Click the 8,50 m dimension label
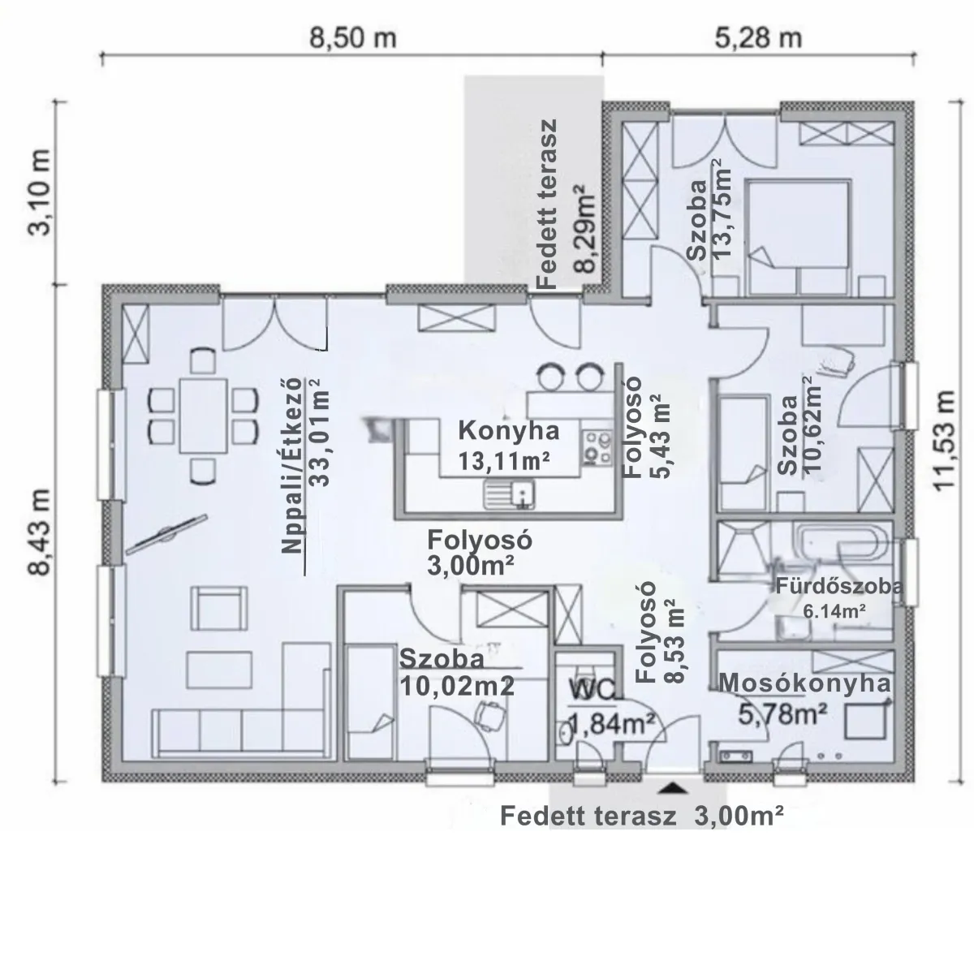tap(352, 38)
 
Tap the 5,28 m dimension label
tap(758, 38)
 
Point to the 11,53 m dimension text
tap(943, 440)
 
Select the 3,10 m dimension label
tap(39, 192)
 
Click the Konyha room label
tap(508, 431)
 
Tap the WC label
tap(593, 689)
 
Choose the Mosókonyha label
tap(804, 683)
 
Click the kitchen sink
tap(508, 493)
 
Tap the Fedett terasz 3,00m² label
tap(642, 817)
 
